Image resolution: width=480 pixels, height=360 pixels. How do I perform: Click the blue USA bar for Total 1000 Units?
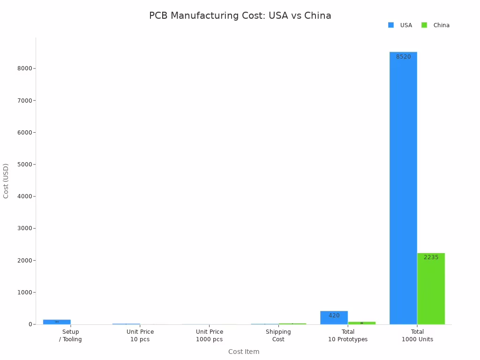pyautogui.click(x=403, y=187)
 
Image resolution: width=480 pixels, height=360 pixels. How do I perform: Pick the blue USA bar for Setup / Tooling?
pyautogui.click(x=57, y=322)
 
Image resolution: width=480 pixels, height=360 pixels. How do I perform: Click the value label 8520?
pyautogui.click(x=403, y=57)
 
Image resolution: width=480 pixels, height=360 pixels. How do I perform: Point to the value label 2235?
pyautogui.click(x=431, y=257)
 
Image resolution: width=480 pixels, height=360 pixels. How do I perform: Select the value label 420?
pyautogui.click(x=334, y=315)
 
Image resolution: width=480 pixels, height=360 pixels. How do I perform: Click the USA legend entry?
pyautogui.click(x=400, y=25)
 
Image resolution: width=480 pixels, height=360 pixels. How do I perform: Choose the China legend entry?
pyautogui.click(x=435, y=25)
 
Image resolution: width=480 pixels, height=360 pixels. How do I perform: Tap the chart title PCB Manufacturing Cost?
pyautogui.click(x=240, y=15)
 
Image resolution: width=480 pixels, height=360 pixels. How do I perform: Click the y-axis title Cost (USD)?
pyautogui.click(x=6, y=180)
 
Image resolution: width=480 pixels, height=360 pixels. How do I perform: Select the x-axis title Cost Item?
pyautogui.click(x=244, y=352)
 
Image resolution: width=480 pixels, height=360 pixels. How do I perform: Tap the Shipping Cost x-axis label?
pyautogui.click(x=278, y=335)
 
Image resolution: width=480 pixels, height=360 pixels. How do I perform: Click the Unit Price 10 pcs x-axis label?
pyautogui.click(x=140, y=335)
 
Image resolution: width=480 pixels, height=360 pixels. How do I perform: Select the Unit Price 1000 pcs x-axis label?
pyautogui.click(x=210, y=335)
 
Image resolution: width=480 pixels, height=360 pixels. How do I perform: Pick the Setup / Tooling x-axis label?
pyautogui.click(x=71, y=335)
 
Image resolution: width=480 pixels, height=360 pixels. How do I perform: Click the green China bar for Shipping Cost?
pyautogui.click(x=292, y=323)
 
